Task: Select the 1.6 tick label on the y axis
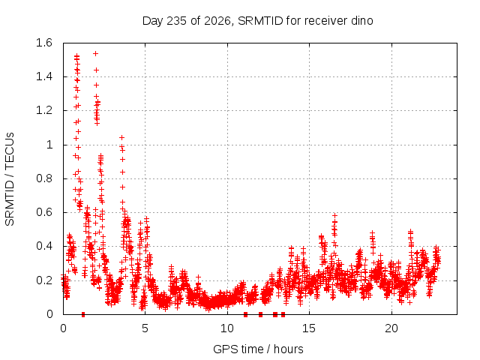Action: coord(44,43)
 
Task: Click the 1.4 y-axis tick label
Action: coord(44,76)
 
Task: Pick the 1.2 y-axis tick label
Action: coord(44,110)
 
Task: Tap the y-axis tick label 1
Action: coord(49,145)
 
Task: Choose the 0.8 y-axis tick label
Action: coord(44,178)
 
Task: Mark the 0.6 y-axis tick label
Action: coord(44,212)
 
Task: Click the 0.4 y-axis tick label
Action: coord(44,246)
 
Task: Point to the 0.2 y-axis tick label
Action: coord(44,280)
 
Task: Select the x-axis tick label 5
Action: coord(145,328)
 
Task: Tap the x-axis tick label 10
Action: coord(227,328)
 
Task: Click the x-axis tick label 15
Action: coord(309,328)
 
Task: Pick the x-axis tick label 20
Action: coord(391,328)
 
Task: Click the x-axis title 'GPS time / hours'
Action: coord(258,349)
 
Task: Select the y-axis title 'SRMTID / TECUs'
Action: coord(10,179)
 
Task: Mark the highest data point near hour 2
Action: coord(95,54)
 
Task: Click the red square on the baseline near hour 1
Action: coord(83,314)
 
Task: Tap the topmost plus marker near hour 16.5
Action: coord(334,216)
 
